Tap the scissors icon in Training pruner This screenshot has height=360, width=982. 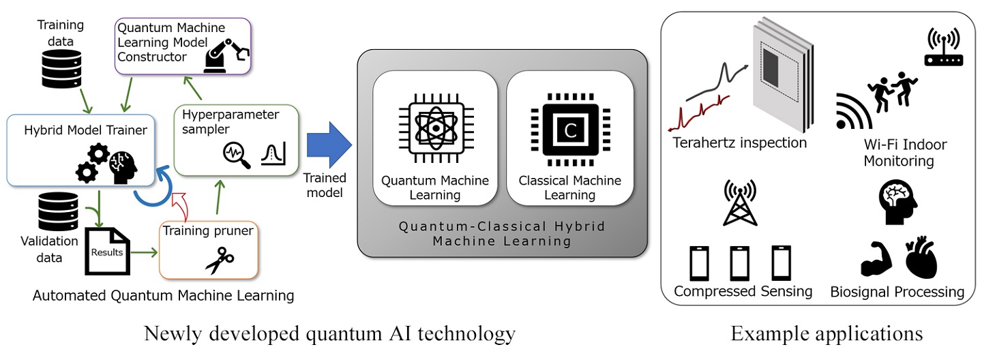click(219, 260)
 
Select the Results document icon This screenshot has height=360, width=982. click(107, 252)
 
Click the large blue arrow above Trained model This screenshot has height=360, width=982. click(329, 145)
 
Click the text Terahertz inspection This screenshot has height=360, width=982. click(740, 143)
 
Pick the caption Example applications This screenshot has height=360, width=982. click(827, 334)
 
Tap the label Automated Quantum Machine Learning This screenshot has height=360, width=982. click(163, 295)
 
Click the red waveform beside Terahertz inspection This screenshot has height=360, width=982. click(700, 112)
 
